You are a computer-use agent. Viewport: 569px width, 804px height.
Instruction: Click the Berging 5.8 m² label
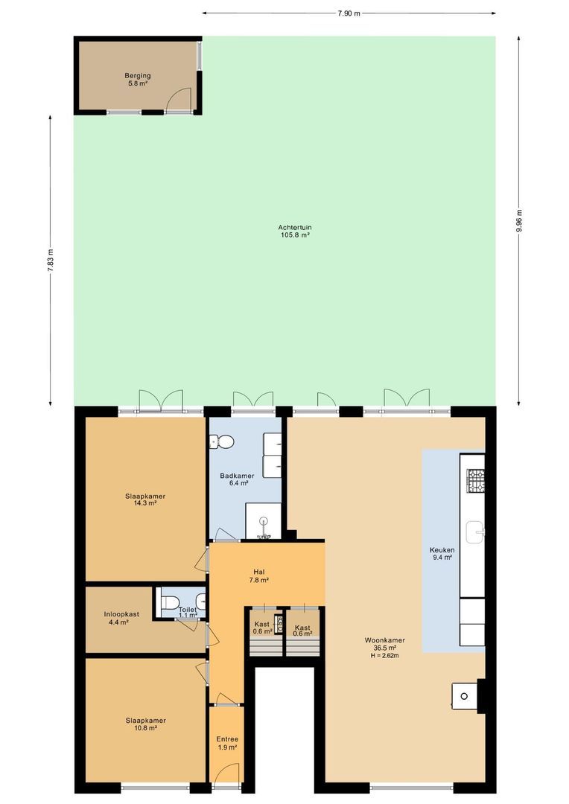138,79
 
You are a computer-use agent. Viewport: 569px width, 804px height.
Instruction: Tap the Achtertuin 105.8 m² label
295,231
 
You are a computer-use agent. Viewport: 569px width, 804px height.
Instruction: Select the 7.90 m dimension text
349,13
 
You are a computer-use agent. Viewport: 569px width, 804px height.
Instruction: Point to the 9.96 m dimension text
519,221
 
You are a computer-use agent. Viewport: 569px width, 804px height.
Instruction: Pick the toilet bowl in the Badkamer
222,441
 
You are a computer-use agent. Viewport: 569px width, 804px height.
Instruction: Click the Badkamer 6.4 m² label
237,479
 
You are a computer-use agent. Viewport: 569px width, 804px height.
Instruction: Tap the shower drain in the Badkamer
264,520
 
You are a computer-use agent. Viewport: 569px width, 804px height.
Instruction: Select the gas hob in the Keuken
476,480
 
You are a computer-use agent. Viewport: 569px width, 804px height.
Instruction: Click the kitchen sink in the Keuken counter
476,532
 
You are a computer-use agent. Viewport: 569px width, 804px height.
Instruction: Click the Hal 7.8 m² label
259,575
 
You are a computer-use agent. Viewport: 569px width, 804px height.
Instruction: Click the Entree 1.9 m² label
226,744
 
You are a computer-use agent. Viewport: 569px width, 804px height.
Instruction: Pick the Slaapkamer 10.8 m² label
146,724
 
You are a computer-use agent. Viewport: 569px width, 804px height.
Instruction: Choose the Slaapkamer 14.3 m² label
145,500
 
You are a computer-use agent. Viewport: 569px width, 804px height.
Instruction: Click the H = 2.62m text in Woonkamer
385,655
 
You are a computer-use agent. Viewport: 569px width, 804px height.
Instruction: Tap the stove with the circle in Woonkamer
465,696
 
